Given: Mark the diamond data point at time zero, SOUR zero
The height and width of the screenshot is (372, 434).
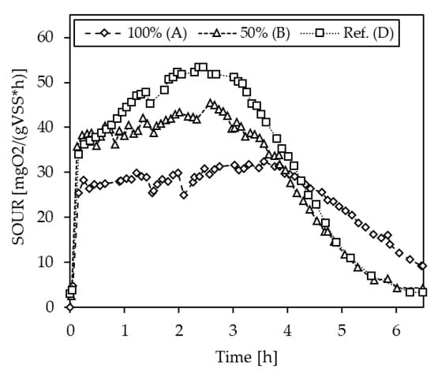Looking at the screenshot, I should point(69,307).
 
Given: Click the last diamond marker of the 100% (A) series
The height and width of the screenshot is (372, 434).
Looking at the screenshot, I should point(422,266).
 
